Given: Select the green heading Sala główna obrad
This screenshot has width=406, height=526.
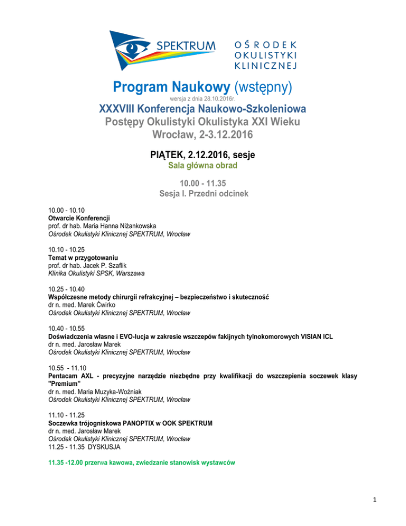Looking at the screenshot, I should pyautogui.click(x=203, y=166).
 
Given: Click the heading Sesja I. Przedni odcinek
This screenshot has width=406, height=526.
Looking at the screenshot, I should pyautogui.click(x=203, y=194).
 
